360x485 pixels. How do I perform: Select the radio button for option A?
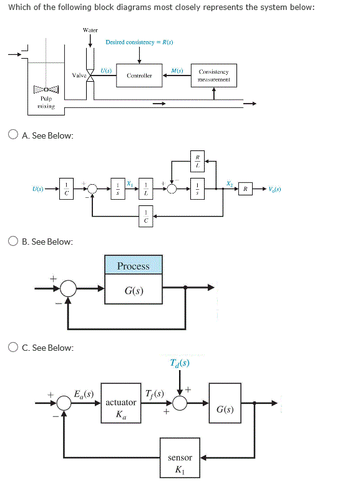13,134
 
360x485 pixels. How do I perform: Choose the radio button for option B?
13,241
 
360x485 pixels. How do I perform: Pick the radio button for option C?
13,347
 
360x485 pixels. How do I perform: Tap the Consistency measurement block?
214,76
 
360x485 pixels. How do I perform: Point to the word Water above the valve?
90,29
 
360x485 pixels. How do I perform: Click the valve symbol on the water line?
90,75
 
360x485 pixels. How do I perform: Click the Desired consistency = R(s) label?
139,42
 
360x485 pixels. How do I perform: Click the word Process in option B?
134,266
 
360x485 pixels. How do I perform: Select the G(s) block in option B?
134,290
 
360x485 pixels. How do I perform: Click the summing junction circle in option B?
69,288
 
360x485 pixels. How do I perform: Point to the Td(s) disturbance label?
180,363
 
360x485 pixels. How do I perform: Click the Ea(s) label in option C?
83,394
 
